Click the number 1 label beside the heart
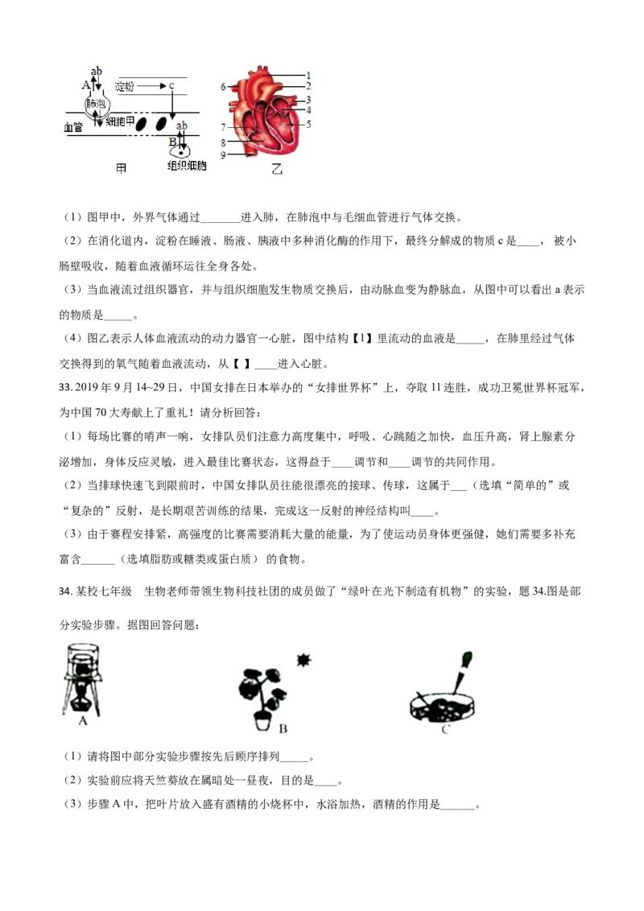click(308, 75)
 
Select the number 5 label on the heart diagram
click(308, 124)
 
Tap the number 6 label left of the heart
click(224, 86)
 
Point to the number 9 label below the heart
click(224, 154)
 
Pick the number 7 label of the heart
click(224, 127)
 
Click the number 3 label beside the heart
click(308, 100)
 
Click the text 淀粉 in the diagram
click(124, 86)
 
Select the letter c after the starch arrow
click(171, 86)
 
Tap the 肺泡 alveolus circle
click(96, 105)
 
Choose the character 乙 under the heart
click(277, 170)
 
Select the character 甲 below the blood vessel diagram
click(122, 169)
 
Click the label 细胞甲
click(119, 121)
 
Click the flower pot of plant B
click(262, 723)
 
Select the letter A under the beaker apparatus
click(82, 722)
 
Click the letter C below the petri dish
click(445, 729)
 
